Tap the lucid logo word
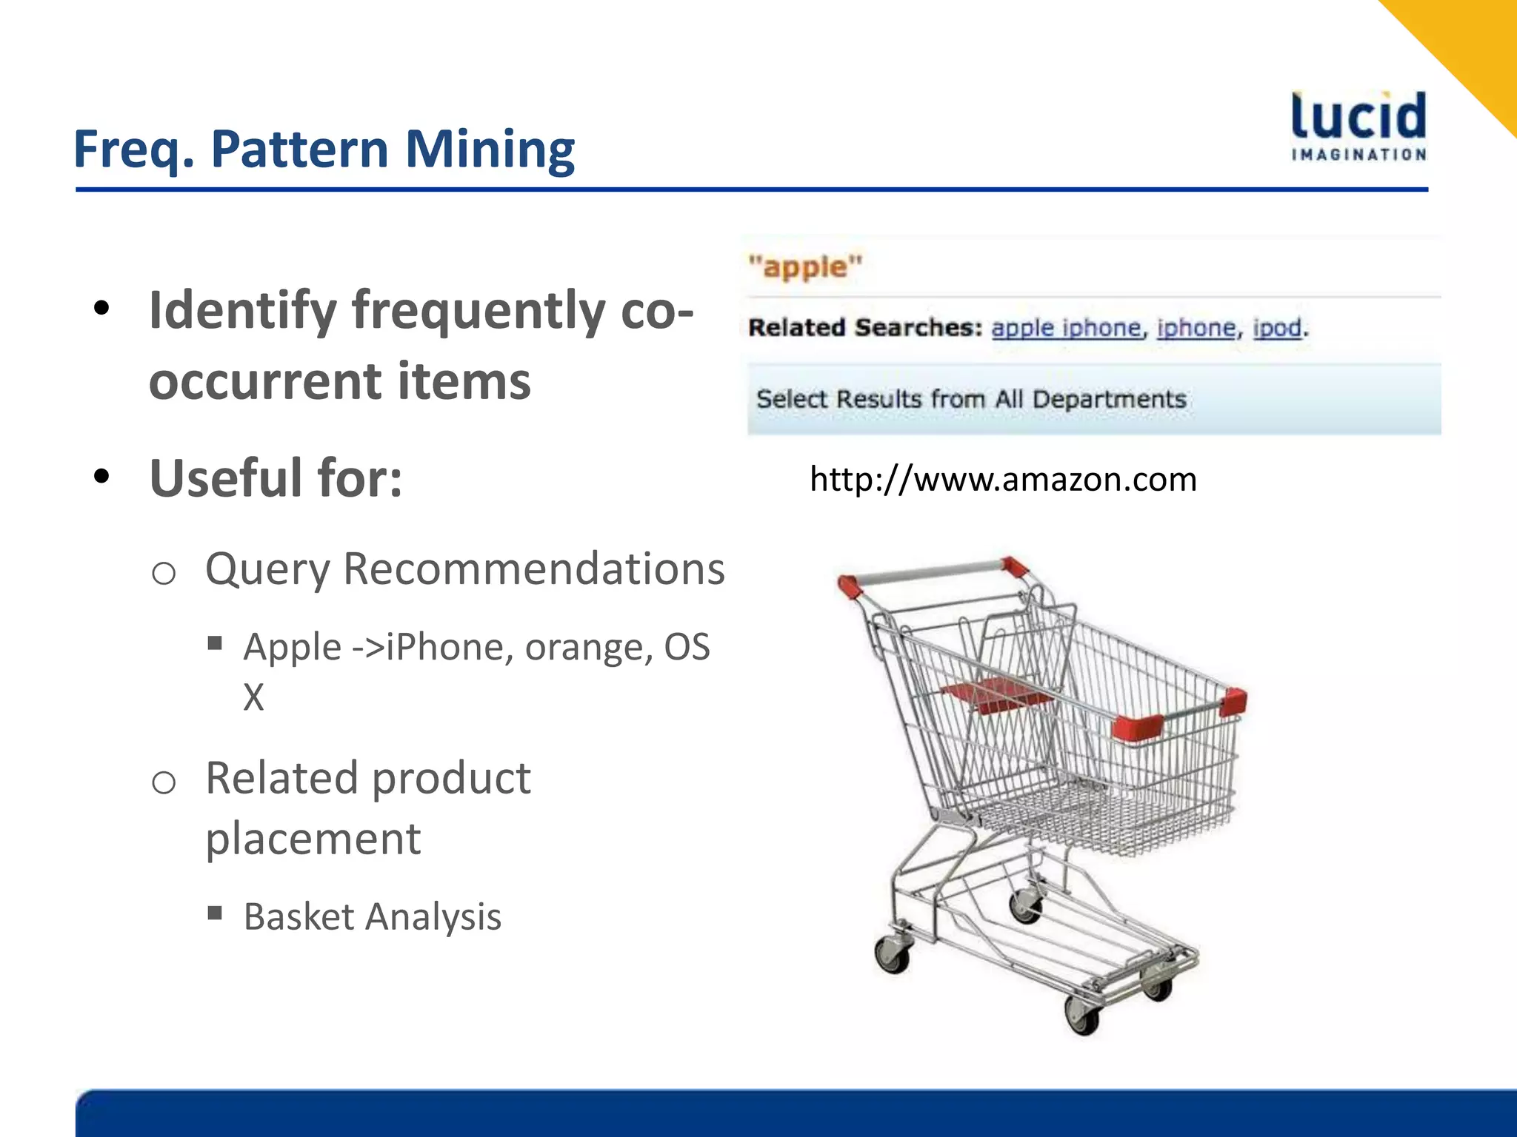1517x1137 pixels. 1358,117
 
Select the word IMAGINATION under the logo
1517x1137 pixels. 1358,155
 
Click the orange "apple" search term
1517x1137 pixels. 805,266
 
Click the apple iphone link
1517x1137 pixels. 1065,328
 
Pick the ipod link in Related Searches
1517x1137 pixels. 1276,328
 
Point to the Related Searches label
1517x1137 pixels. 864,328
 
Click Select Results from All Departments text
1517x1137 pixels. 970,400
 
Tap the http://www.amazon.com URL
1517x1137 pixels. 1003,480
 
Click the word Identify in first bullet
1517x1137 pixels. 242,311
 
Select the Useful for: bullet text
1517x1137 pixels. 276,479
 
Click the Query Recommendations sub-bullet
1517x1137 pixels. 464,570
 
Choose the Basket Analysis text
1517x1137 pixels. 373,917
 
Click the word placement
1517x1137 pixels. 313,839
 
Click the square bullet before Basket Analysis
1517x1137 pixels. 216,913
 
